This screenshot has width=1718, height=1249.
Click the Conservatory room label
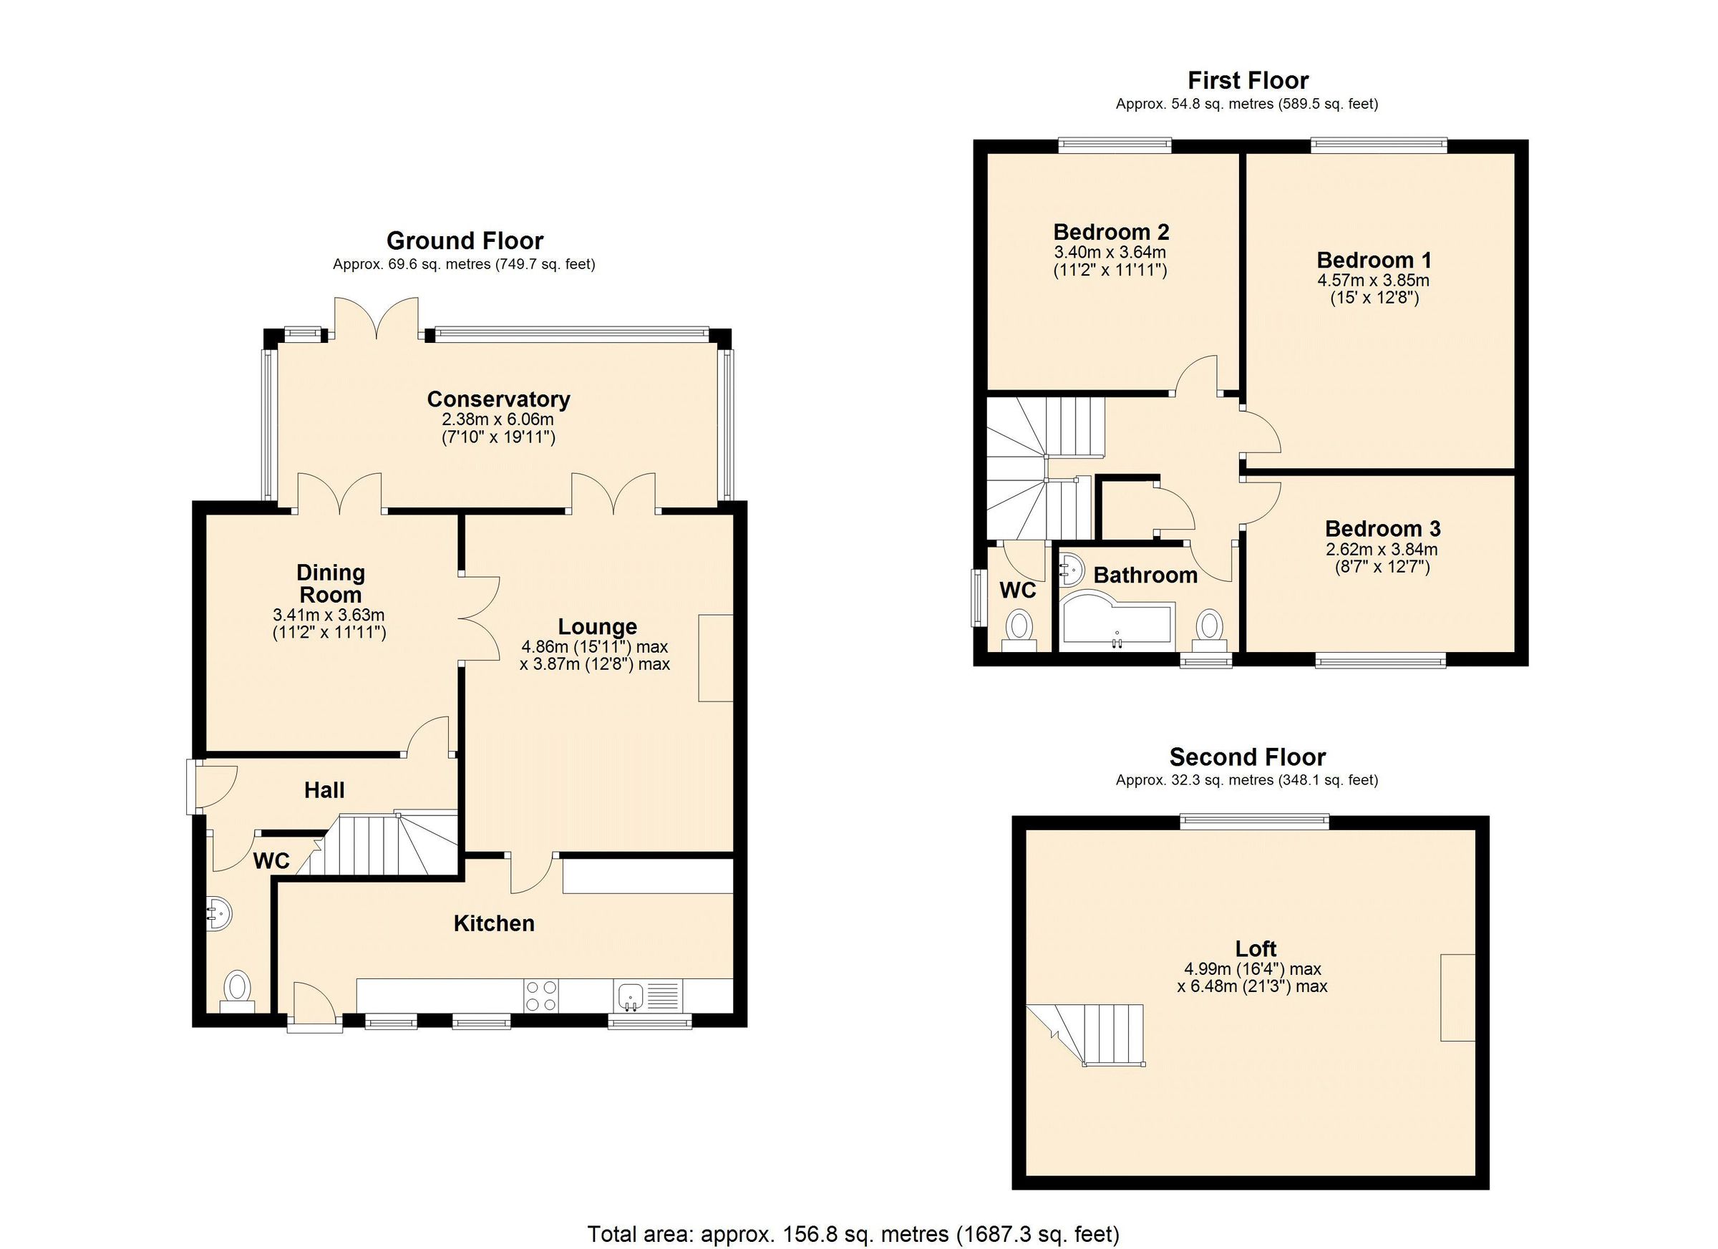[x=498, y=399]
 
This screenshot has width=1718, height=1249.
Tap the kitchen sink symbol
[x=629, y=995]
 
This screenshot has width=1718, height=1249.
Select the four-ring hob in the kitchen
[x=542, y=995]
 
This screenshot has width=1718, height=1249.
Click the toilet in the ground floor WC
[x=238, y=988]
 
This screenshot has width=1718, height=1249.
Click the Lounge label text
[x=597, y=626]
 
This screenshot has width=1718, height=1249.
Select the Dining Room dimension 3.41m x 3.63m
[x=329, y=614]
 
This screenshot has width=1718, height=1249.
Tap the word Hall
[x=324, y=790]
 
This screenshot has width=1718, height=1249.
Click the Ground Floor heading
[x=465, y=241]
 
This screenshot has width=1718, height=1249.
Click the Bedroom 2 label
[x=1110, y=232]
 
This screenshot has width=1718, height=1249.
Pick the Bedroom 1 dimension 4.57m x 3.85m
[x=1374, y=281]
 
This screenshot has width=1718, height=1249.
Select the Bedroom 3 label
[x=1382, y=529]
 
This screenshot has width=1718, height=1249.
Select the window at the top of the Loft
[x=1253, y=820]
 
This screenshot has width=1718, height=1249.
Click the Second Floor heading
[x=1247, y=757]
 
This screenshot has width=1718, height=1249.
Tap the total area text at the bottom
[x=853, y=1234]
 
